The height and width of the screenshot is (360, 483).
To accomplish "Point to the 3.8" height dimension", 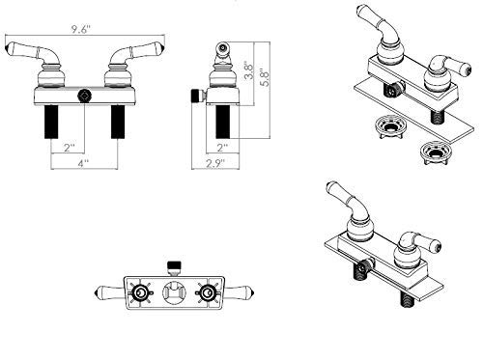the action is [248, 69].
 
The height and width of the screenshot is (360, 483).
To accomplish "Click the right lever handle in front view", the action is [134, 50].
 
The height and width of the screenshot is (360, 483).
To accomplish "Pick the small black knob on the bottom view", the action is [175, 264].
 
